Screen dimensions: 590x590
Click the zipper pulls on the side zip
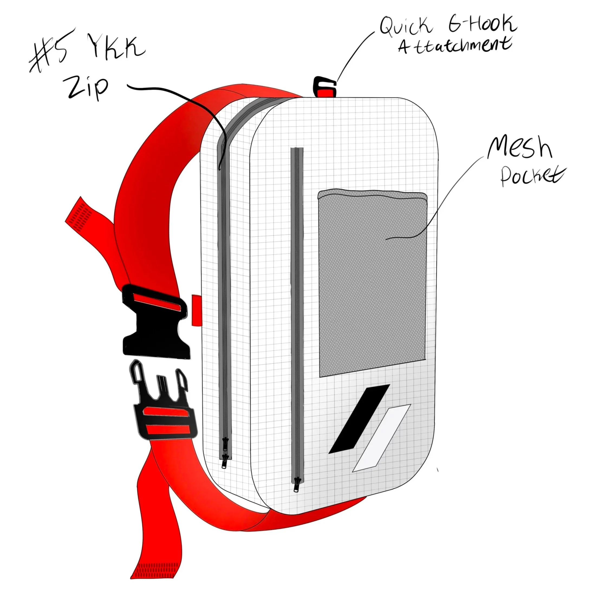click(225, 455)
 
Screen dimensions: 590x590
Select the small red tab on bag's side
click(195, 310)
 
